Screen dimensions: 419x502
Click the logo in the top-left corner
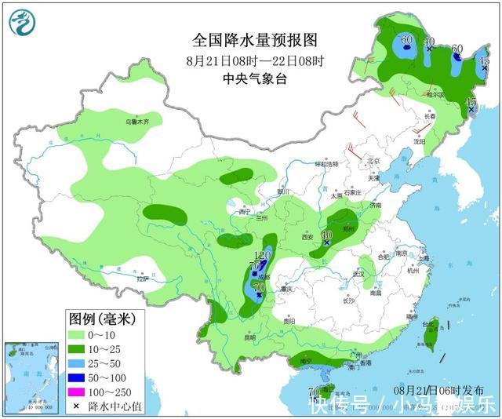click(22, 22)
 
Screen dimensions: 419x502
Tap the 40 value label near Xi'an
click(327, 235)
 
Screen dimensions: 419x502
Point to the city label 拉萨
click(142, 279)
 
